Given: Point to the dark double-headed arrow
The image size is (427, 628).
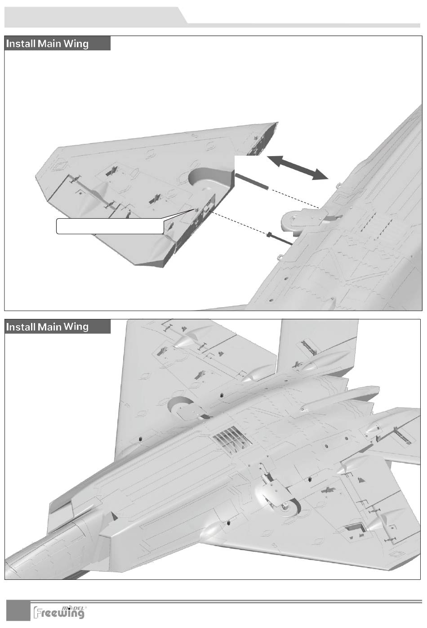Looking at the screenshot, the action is point(297,167).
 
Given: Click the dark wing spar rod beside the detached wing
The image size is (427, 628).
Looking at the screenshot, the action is point(252,181).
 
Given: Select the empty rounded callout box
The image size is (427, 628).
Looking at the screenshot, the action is point(110,226).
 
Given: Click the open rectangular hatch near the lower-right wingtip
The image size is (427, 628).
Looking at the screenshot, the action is point(355,529).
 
